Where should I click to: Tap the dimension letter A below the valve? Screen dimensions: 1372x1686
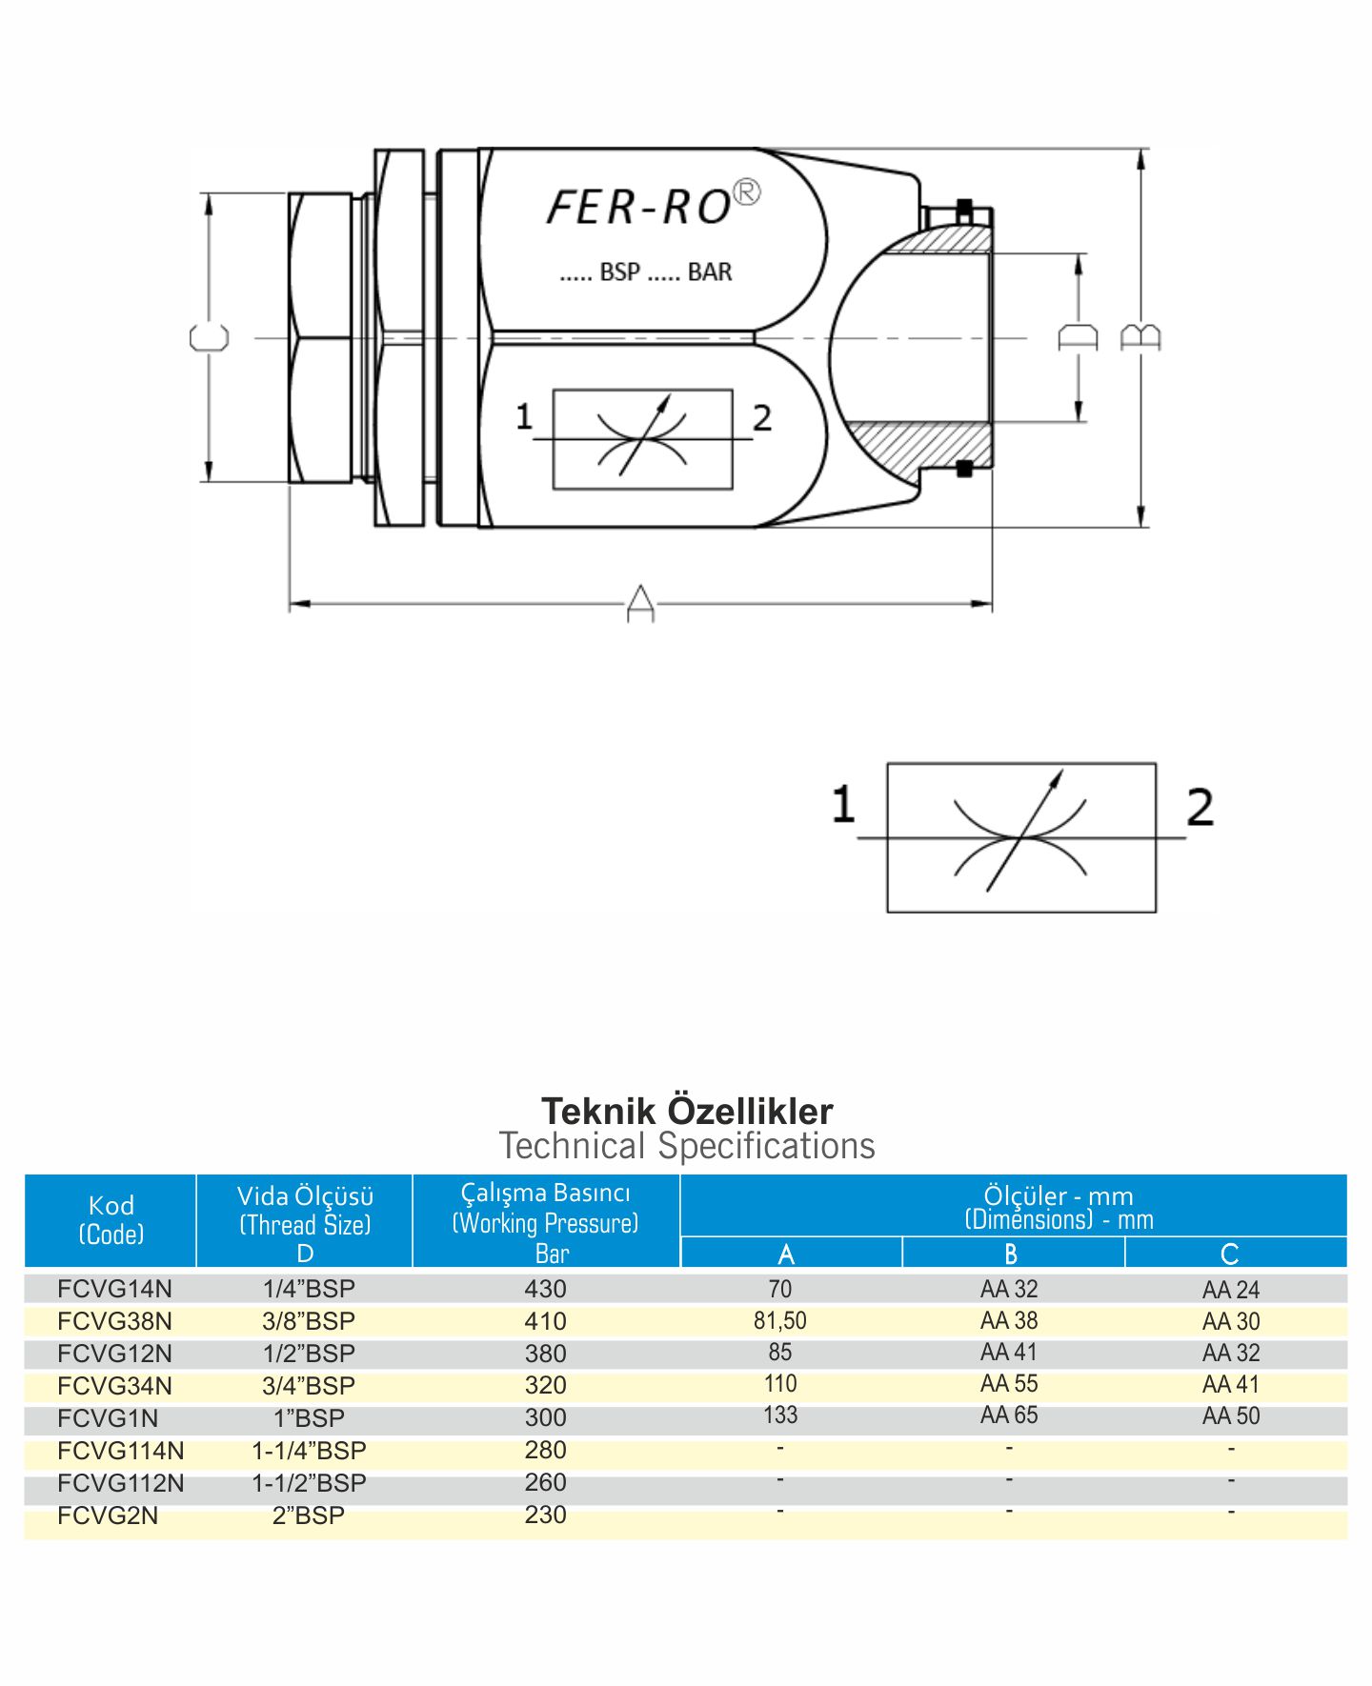[640, 604]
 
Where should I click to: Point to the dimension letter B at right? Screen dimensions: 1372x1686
[1140, 337]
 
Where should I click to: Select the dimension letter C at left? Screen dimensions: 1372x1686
[210, 338]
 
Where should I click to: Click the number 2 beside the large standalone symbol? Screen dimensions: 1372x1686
[1200, 807]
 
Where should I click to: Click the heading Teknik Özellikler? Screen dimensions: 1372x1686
[687, 1111]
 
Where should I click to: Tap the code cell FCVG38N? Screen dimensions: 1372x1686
[114, 1321]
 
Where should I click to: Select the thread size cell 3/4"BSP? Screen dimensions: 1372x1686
[309, 1386]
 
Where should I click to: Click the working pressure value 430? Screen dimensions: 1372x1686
[545, 1289]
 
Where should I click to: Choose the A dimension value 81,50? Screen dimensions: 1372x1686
[779, 1320]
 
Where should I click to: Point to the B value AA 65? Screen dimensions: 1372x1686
[1009, 1415]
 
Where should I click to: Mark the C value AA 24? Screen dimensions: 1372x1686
[1231, 1290]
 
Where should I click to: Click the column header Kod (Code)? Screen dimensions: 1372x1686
[111, 1219]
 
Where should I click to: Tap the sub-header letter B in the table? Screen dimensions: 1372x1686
[1011, 1254]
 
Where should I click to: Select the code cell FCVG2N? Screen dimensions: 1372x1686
[108, 1515]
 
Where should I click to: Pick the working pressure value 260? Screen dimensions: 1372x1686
[545, 1482]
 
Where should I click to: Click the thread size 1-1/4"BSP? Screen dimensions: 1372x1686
[309, 1451]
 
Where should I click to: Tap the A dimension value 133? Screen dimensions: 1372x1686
[779, 1415]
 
